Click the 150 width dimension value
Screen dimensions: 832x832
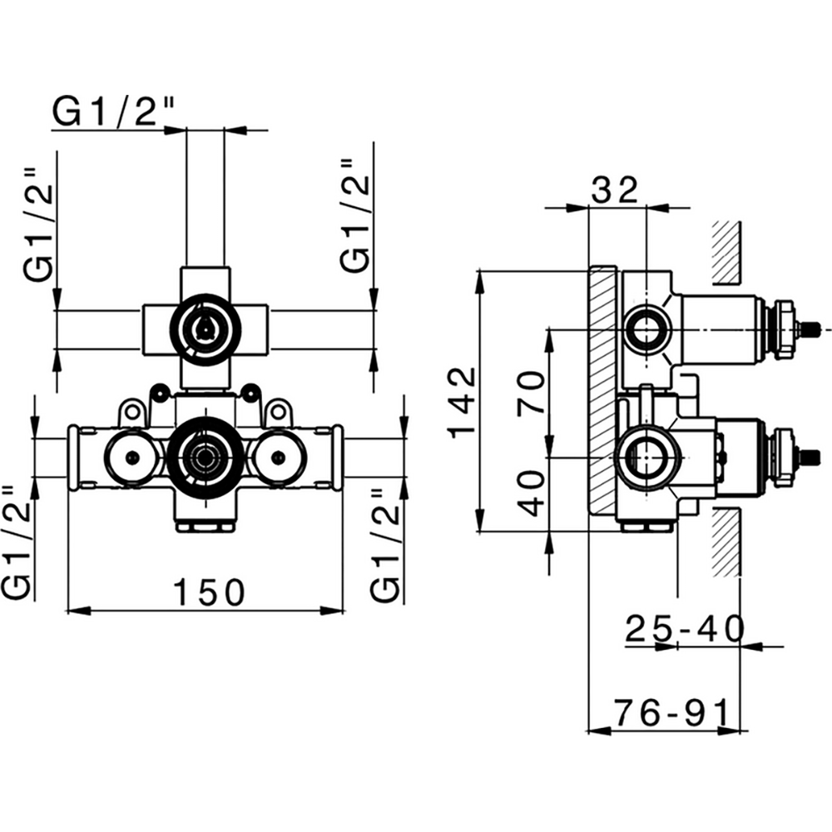209,592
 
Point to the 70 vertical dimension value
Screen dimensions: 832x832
532,393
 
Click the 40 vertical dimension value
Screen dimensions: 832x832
532,493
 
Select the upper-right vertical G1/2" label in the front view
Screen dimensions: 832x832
355,215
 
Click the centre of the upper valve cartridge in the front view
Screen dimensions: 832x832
204,330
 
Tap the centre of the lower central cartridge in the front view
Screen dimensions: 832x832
202,455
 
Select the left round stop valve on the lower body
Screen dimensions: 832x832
131,455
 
